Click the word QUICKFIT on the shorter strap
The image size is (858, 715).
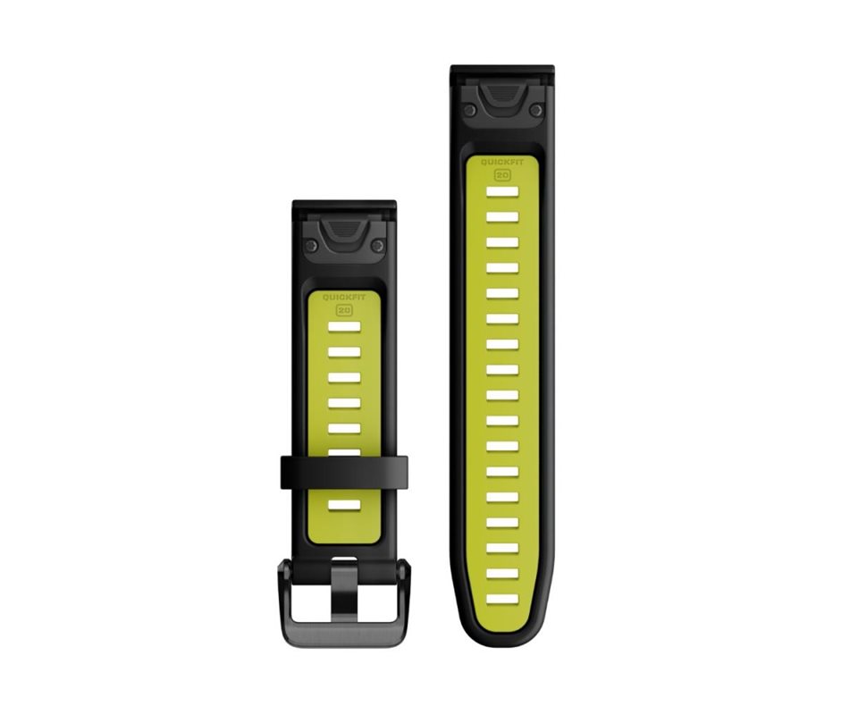(344, 297)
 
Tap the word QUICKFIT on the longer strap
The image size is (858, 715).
(502, 162)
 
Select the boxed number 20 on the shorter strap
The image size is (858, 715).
(344, 310)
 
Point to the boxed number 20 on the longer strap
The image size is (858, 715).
(502, 175)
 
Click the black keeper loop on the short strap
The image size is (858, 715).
(344, 473)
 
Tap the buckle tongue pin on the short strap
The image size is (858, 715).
(344, 591)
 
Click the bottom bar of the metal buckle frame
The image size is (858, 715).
(343, 635)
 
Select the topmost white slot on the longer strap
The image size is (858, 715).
(502, 192)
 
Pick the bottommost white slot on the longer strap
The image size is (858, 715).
(502, 599)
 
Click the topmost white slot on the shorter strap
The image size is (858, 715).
(344, 327)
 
